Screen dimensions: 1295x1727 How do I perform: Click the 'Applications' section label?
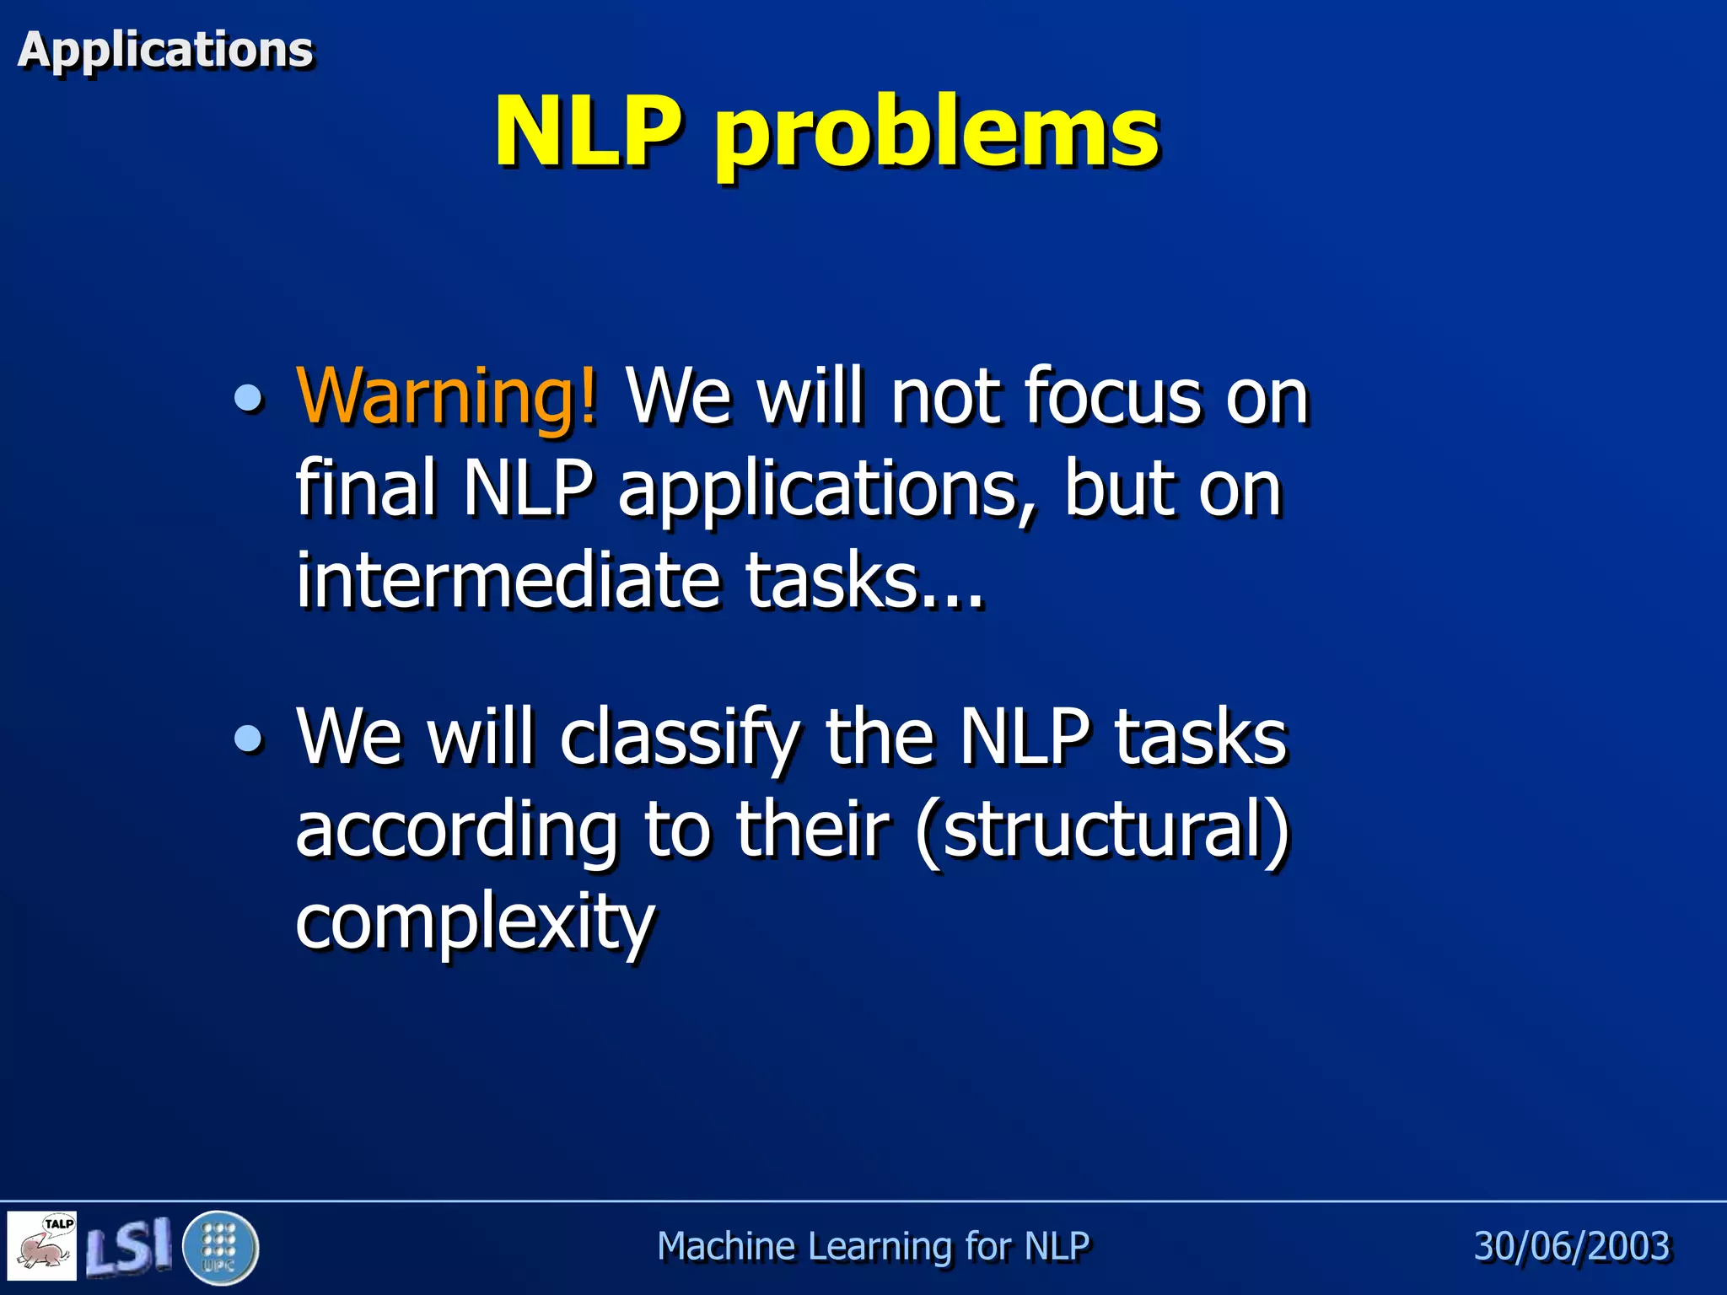(165, 50)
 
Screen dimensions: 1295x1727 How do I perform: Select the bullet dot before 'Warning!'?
(248, 398)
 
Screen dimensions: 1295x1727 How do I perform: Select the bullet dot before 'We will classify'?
(248, 739)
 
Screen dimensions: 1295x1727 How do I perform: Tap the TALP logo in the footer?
(42, 1245)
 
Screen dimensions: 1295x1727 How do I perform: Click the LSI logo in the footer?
(128, 1245)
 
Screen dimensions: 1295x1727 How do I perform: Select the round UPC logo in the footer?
(220, 1247)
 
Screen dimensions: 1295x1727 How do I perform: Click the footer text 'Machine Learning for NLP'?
(873, 1246)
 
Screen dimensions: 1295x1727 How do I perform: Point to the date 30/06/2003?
(1572, 1246)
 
